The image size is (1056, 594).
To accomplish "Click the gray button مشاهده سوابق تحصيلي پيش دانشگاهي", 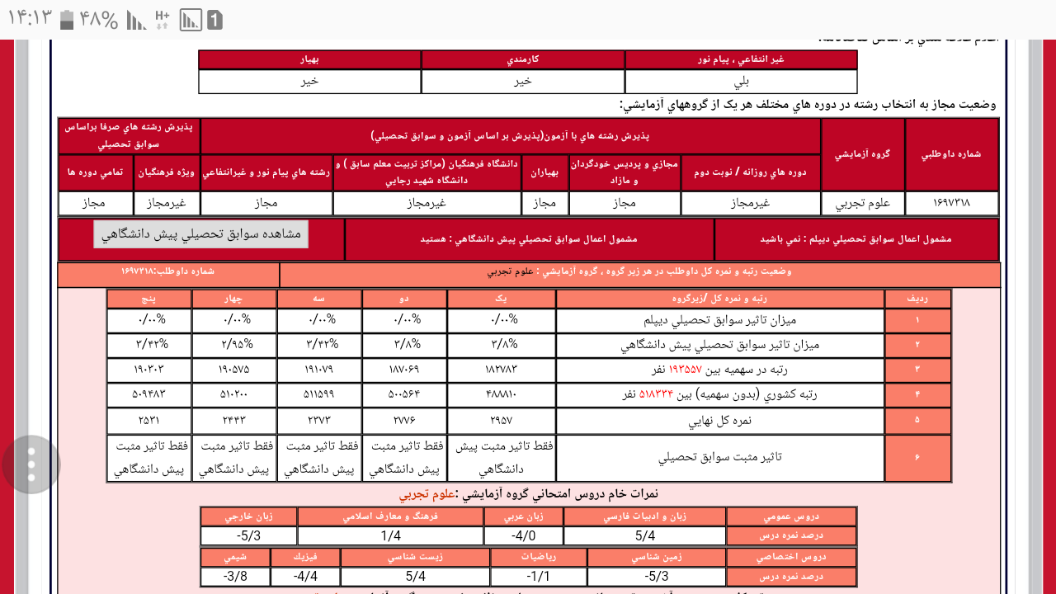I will coord(200,233).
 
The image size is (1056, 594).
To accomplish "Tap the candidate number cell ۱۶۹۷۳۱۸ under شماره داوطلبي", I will coord(951,203).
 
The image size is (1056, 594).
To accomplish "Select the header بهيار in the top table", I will coord(309,59).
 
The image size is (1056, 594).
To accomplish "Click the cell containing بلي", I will coord(741,82).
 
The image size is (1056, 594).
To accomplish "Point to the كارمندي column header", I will coord(523,59).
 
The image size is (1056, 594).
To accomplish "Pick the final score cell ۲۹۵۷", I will coord(501,420).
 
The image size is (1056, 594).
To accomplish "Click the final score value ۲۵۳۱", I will coord(149,420).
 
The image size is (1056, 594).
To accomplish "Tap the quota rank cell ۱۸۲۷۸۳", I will coord(501,370).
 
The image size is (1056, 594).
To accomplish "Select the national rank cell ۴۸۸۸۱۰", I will coord(501,394).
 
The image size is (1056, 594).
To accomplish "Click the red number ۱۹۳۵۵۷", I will coord(685,370).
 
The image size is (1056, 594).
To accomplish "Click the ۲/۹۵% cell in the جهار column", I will coord(234,345).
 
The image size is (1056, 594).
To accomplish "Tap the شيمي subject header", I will coord(235,557).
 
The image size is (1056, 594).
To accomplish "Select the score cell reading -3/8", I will coord(235,576).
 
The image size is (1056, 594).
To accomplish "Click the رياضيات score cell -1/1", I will coord(538,576).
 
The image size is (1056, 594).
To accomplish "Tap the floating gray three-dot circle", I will coord(31,464).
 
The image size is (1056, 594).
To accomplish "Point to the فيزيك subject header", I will coord(305,557).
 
